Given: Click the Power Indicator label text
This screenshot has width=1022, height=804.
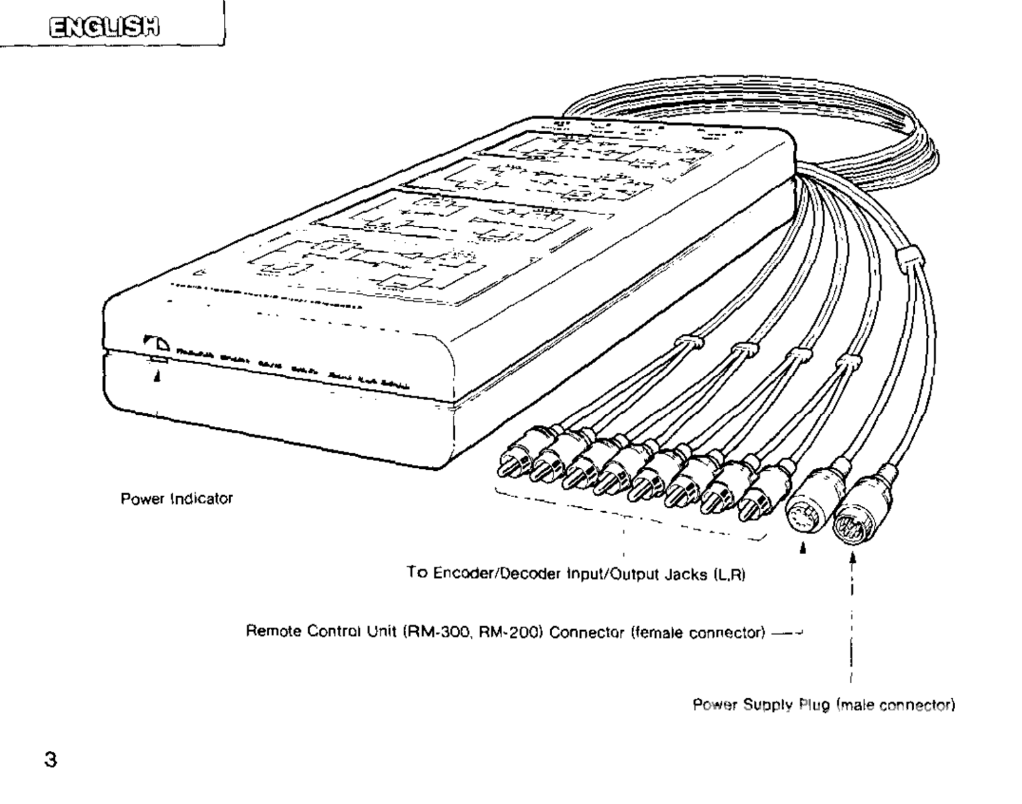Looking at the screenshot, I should [x=177, y=498].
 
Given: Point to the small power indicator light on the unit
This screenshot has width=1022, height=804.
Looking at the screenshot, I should [x=158, y=360].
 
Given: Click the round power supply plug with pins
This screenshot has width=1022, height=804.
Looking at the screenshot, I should [x=853, y=520].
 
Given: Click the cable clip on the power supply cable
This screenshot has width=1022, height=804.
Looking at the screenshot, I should [x=908, y=256].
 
